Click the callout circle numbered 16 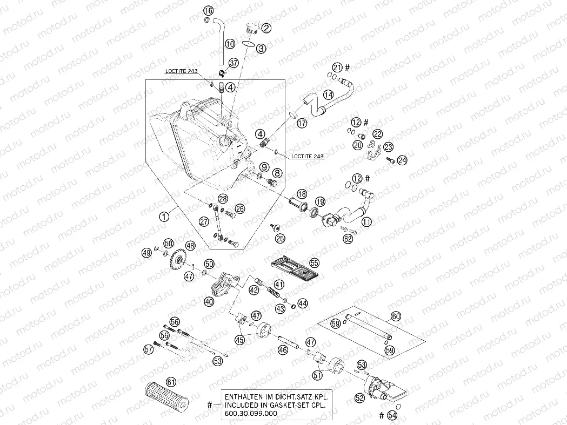pos(208,11)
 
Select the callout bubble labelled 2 pos(267,29)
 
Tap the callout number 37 pos(233,63)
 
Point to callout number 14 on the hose pos(328,95)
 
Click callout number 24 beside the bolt pos(402,160)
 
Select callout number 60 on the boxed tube pos(396,316)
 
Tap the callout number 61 pos(171,381)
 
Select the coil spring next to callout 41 pos(275,292)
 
